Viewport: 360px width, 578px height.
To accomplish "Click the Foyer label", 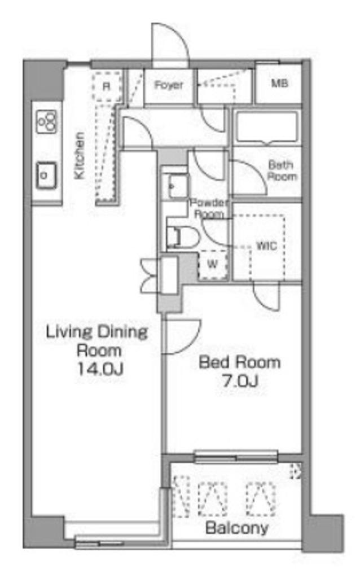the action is [168, 85].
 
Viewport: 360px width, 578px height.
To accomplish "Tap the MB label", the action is [280, 84].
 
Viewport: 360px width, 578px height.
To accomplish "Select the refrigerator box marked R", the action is [107, 86].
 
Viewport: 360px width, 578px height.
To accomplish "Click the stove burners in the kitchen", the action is [47, 121].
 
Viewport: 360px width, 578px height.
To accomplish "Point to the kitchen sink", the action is [46, 175].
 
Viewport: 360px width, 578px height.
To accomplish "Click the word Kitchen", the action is [79, 156].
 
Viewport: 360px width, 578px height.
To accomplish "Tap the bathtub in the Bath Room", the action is [266, 127].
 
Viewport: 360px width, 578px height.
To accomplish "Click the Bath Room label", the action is [282, 170].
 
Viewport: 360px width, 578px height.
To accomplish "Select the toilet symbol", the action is [182, 237].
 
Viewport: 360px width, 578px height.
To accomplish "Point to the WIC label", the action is [266, 246].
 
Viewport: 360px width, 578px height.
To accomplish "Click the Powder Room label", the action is [209, 208].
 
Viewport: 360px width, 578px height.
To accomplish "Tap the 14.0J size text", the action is [99, 369].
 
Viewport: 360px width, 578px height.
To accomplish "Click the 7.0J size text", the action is [240, 380].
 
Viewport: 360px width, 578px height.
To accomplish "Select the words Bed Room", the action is [240, 362].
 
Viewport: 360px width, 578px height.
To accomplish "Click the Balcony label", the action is [237, 528].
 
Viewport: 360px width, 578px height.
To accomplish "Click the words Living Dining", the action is [97, 332].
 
